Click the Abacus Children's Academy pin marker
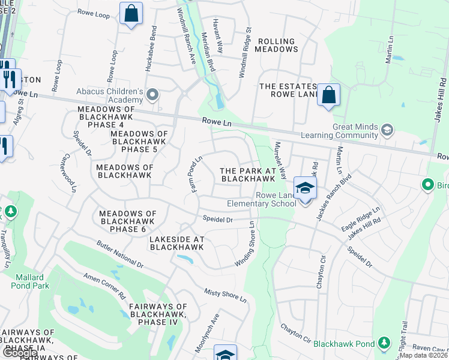click(153, 95)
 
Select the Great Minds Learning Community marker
click(387, 130)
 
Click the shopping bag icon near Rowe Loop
click(130, 13)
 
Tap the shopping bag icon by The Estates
click(328, 95)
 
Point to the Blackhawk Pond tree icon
click(382, 343)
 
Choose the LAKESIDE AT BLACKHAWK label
click(176, 243)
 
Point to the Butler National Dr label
click(120, 255)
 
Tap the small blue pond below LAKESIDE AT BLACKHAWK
click(185, 259)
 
